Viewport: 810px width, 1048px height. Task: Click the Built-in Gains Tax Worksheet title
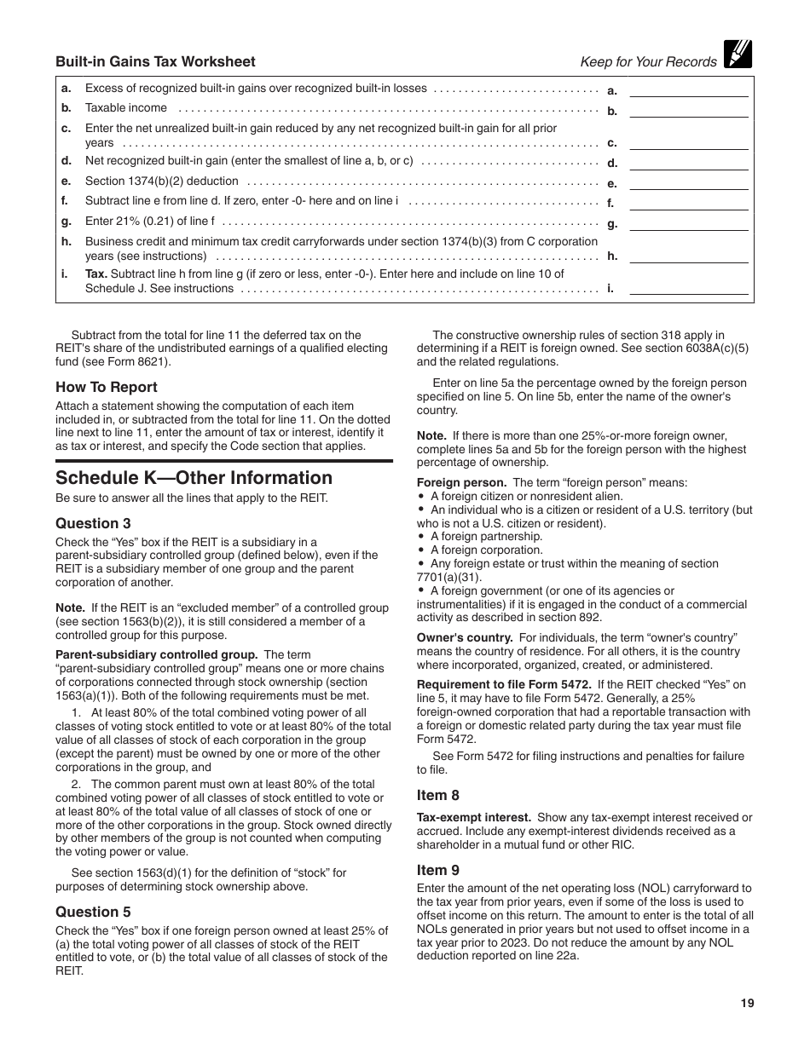[x=155, y=61]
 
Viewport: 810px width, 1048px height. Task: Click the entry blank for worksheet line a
[x=688, y=89]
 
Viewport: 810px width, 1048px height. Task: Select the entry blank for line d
[x=688, y=162]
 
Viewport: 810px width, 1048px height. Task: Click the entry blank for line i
[x=688, y=288]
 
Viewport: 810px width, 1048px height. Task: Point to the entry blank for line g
[x=688, y=223]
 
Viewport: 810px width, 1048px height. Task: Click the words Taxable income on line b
[x=126, y=108]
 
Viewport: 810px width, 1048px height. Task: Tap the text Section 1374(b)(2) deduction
[x=162, y=181]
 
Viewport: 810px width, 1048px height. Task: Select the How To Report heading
[x=107, y=387]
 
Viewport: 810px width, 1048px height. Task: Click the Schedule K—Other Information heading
[x=194, y=478]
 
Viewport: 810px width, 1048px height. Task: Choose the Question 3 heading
[x=93, y=523]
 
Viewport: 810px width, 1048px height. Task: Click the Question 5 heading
[x=93, y=912]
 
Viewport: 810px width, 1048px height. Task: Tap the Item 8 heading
[x=437, y=795]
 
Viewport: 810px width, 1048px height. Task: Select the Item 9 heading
[x=437, y=870]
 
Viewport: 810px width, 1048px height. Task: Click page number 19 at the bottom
[x=747, y=1004]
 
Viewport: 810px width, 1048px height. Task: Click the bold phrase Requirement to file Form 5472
[x=503, y=685]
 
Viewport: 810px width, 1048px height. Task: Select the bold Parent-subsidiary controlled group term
[x=156, y=655]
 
